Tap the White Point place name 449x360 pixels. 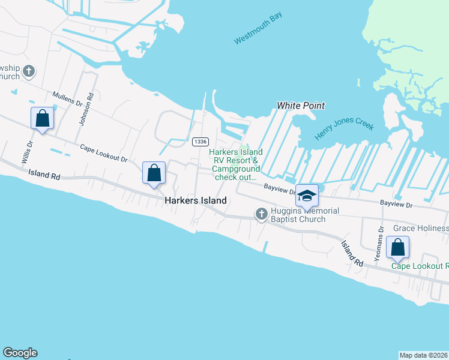301,106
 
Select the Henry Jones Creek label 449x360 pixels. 344,131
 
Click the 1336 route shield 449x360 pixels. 200,142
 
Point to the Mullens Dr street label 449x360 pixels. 67,99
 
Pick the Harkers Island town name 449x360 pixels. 196,201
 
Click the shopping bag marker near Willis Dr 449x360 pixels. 43,118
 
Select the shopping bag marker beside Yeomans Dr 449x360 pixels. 397,247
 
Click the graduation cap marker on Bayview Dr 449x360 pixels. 307,196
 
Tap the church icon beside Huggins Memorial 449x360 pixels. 261,213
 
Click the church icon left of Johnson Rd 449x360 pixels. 29,73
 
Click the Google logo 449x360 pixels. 20,353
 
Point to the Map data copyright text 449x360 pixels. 423,355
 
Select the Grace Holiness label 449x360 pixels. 420,229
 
